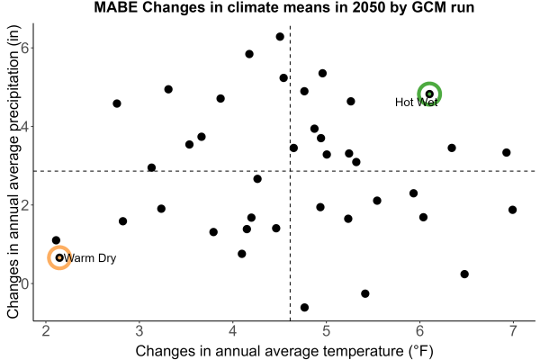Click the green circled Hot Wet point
[x=429, y=94]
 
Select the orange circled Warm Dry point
[x=59, y=257]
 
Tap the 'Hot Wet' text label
[x=416, y=102]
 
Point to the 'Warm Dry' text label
[x=90, y=258]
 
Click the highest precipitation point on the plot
[x=280, y=37]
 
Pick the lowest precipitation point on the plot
[x=304, y=307]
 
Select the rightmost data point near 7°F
[x=512, y=210]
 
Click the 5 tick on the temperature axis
[x=326, y=330]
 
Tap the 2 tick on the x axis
[x=46, y=330]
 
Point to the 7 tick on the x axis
[x=513, y=330]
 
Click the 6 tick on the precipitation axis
[x=25, y=48]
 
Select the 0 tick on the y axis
[x=25, y=283]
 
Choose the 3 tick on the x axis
[x=139, y=330]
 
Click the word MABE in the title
[x=116, y=7]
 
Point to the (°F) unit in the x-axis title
[x=421, y=352]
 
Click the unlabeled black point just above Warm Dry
[x=56, y=240]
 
